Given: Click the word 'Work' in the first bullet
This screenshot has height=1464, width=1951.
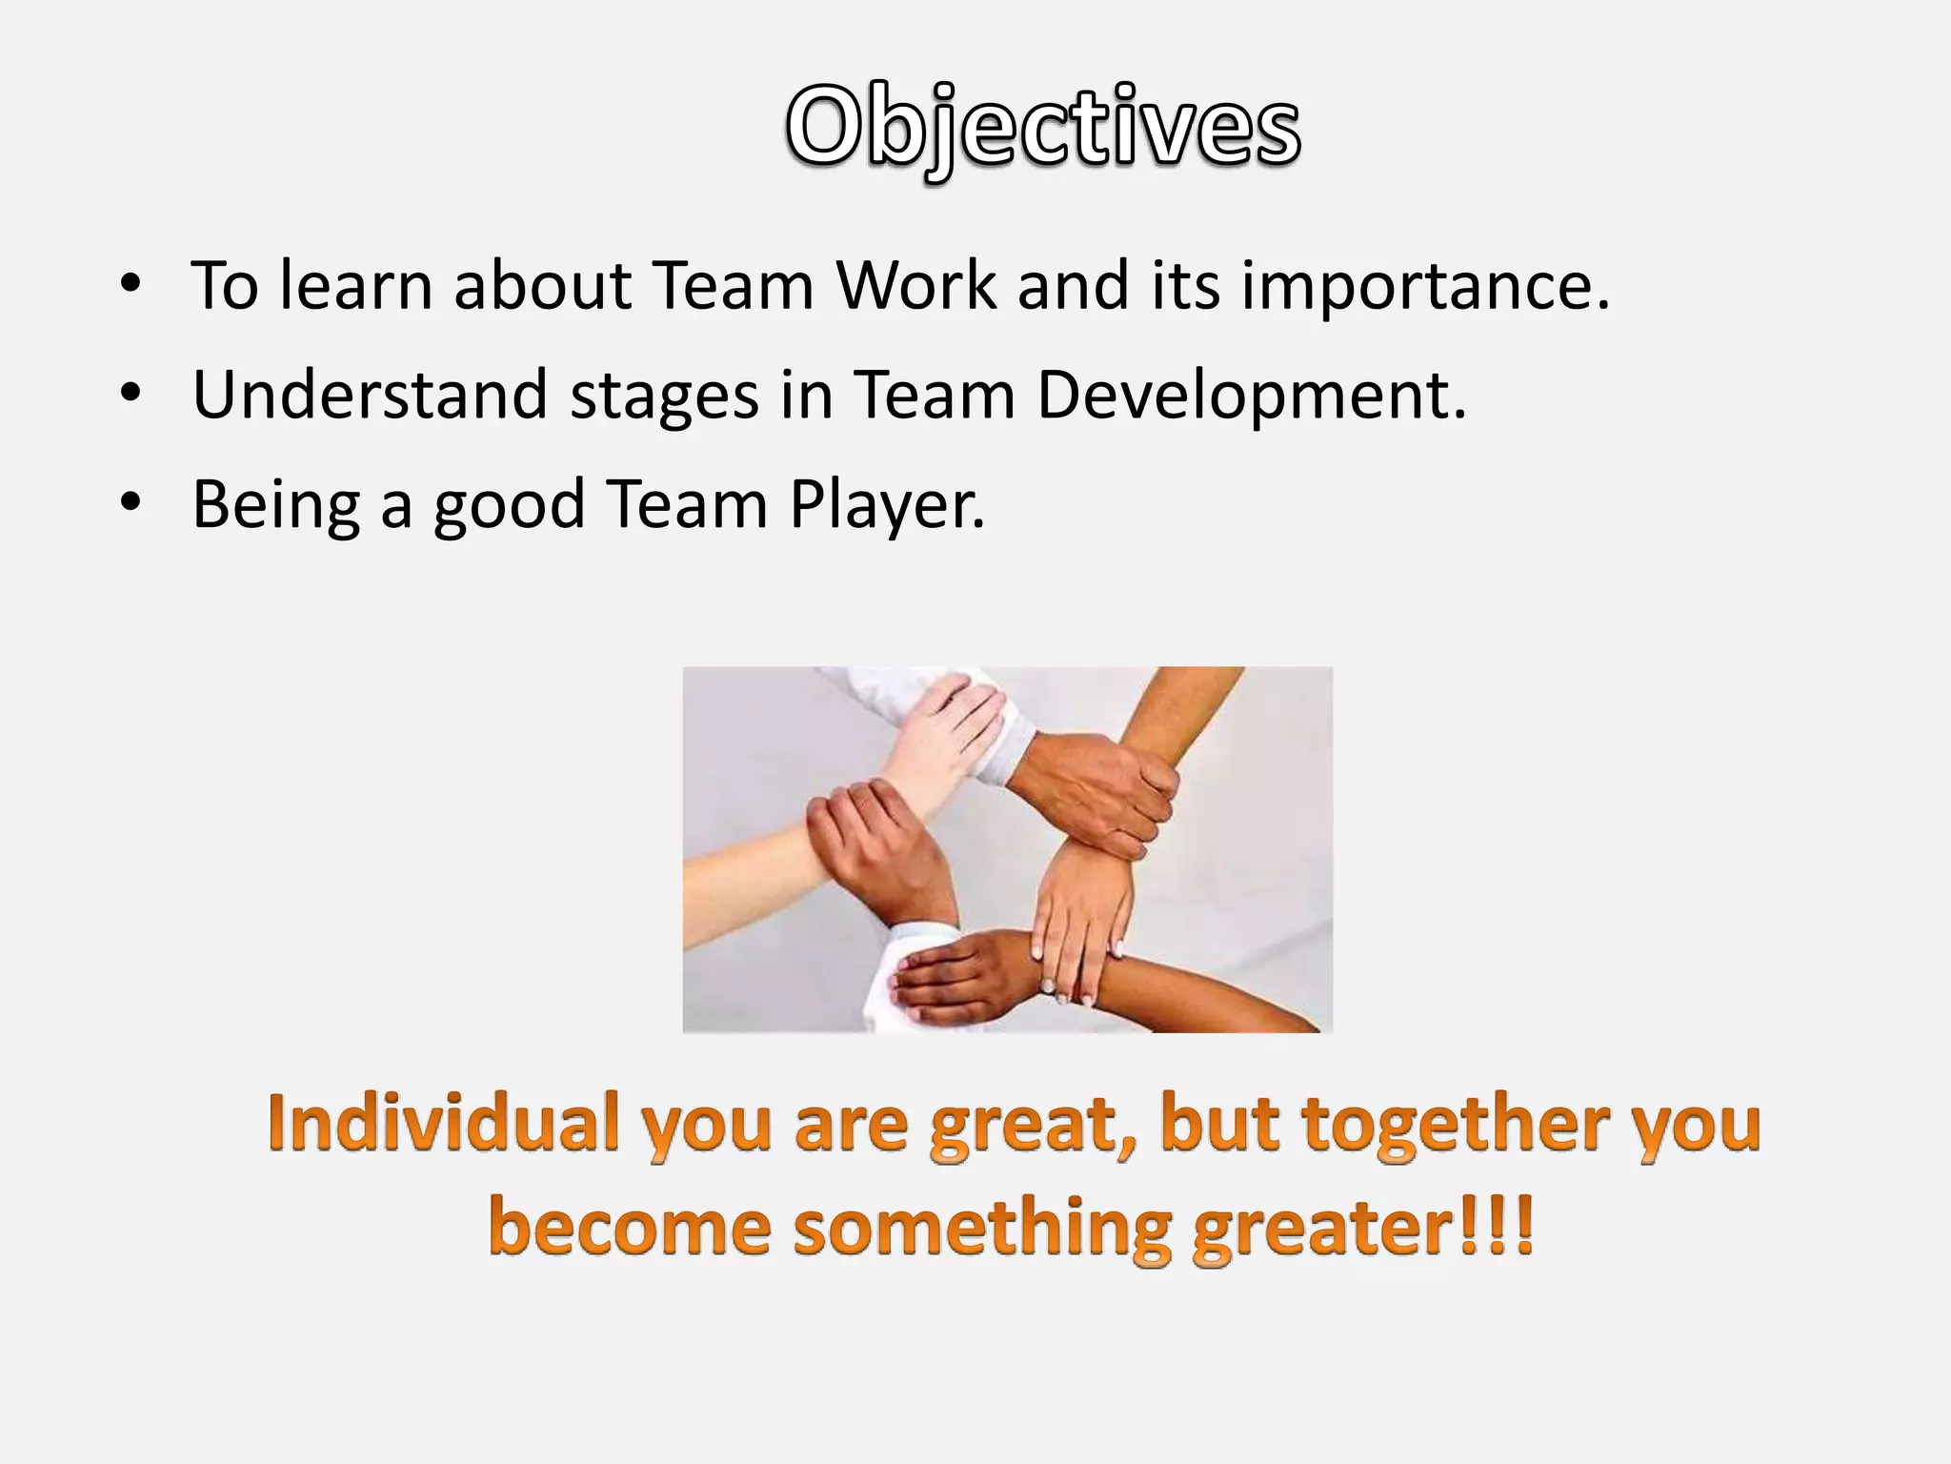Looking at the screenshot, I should pyautogui.click(x=916, y=285).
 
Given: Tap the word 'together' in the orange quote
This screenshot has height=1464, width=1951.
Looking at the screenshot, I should pyautogui.click(x=1456, y=1125).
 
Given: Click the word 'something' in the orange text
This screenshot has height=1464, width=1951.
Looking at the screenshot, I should pyautogui.click(x=981, y=1229).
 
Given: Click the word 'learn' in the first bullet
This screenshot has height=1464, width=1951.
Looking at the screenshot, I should pyautogui.click(x=356, y=285).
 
